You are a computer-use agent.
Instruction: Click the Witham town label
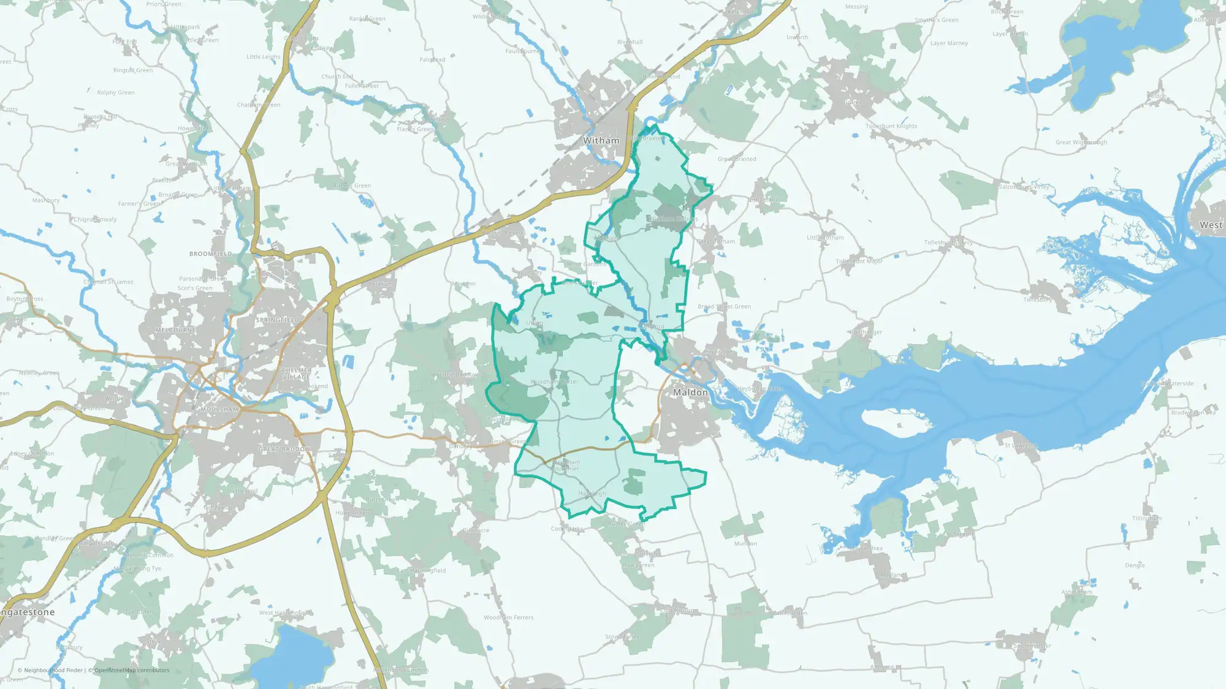[601, 140]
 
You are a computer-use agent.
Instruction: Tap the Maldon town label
[690, 392]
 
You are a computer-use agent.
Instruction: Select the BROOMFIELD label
[211, 254]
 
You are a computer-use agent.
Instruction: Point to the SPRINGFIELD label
[278, 320]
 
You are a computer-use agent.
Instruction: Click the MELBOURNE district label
[176, 330]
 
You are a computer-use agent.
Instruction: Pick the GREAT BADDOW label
[284, 449]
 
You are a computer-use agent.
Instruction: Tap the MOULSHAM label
[219, 409]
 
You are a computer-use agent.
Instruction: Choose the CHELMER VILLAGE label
[297, 374]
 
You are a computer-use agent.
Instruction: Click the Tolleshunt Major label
[859, 261]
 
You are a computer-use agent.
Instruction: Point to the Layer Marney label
[949, 43]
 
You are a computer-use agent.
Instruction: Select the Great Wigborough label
[1081, 142]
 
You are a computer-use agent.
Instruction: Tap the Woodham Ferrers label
[508, 617]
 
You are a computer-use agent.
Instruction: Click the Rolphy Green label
[116, 92]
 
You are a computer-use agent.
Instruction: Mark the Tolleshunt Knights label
[891, 126]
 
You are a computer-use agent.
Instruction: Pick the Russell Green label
[352, 186]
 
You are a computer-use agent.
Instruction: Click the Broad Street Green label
[724, 306]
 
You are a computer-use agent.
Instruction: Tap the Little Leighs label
[263, 56]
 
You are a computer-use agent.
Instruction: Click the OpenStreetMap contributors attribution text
[132, 670]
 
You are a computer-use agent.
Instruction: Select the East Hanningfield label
[422, 570]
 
